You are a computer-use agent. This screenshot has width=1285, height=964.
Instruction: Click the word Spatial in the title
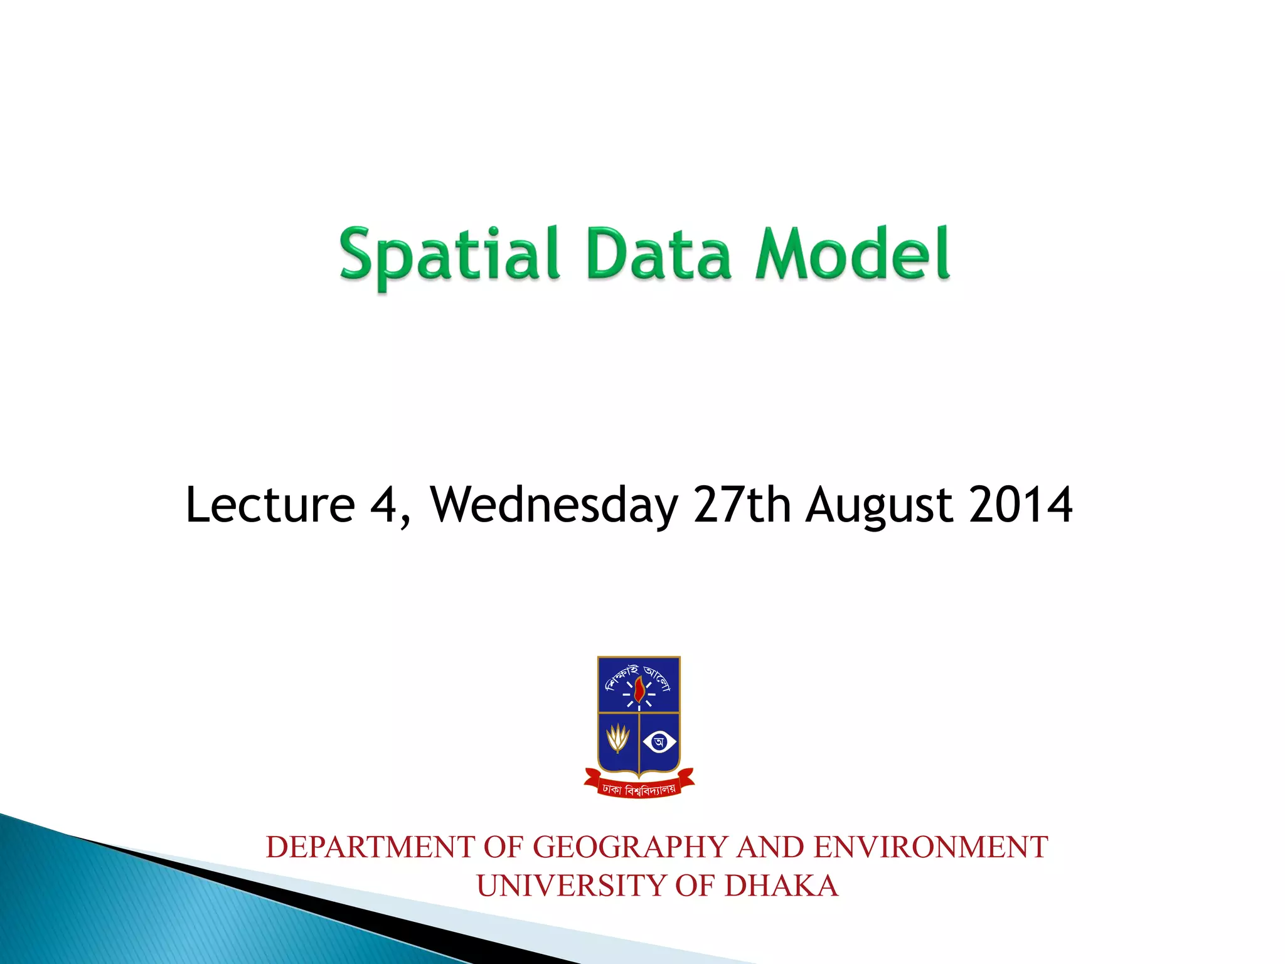[x=449, y=254]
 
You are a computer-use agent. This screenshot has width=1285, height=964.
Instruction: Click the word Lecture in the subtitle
[x=270, y=505]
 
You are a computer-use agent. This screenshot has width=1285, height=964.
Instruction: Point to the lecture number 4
[x=383, y=505]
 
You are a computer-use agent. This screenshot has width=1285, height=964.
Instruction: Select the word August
[x=879, y=506]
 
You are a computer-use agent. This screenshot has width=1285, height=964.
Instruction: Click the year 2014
[x=1020, y=505]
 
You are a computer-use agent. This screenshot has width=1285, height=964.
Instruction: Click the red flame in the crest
[x=639, y=690]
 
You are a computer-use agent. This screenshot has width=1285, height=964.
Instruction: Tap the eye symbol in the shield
[x=659, y=742]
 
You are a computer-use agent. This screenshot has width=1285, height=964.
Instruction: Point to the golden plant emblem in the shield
[x=618, y=739]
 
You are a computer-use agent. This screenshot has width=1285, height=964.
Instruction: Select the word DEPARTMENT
[x=370, y=847]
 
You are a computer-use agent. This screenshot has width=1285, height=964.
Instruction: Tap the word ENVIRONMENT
[x=930, y=847]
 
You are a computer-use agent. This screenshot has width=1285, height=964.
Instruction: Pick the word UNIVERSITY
[x=571, y=886]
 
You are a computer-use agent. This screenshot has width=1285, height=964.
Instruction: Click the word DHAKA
[x=781, y=886]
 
